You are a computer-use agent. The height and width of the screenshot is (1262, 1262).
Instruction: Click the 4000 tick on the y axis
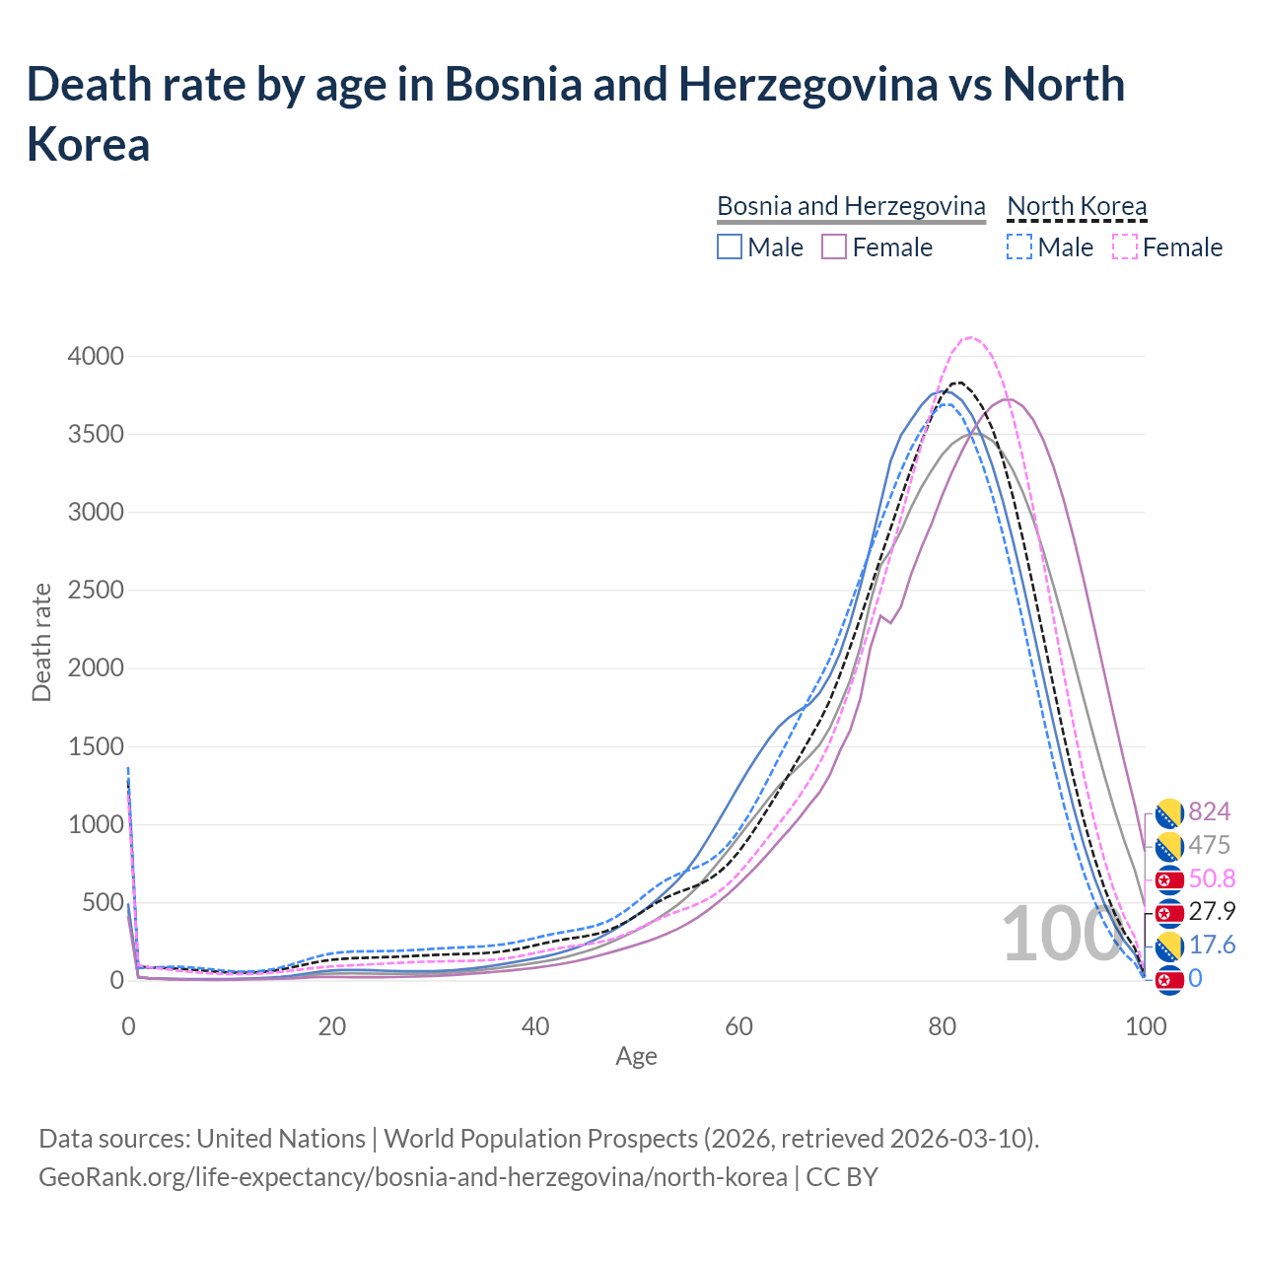[x=96, y=357]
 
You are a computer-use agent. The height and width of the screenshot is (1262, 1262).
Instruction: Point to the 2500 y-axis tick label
[x=96, y=591]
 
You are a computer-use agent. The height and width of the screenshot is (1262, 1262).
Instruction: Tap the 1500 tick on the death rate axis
[x=96, y=746]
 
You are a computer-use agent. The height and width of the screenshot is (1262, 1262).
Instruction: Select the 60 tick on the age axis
[x=738, y=1026]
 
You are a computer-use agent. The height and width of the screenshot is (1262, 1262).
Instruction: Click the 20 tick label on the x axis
[x=331, y=1026]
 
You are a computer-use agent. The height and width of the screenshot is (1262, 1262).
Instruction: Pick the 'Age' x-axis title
[x=636, y=1057]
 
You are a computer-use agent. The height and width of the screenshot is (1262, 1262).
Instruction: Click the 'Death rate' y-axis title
[x=41, y=642]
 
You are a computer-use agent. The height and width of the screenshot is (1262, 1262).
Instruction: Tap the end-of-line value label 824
[x=1210, y=811]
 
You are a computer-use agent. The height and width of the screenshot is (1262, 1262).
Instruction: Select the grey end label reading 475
[x=1210, y=845]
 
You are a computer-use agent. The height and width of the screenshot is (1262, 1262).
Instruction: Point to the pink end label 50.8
[x=1213, y=878]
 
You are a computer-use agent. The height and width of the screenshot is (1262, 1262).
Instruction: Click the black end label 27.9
[x=1213, y=911]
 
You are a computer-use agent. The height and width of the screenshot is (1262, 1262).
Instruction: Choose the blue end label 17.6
[x=1213, y=946]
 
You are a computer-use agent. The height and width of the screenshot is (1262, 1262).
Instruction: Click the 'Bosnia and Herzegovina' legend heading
[x=851, y=206]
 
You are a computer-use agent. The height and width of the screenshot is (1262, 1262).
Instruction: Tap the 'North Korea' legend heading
[x=1077, y=206]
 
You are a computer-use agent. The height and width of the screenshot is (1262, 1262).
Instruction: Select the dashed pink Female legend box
[x=1125, y=246]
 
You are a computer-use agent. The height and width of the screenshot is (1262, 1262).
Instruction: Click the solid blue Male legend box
[x=730, y=246]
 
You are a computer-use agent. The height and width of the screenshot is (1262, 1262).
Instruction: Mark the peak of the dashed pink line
[x=971, y=337]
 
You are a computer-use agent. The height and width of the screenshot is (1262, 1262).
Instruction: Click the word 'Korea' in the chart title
[x=89, y=144]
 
